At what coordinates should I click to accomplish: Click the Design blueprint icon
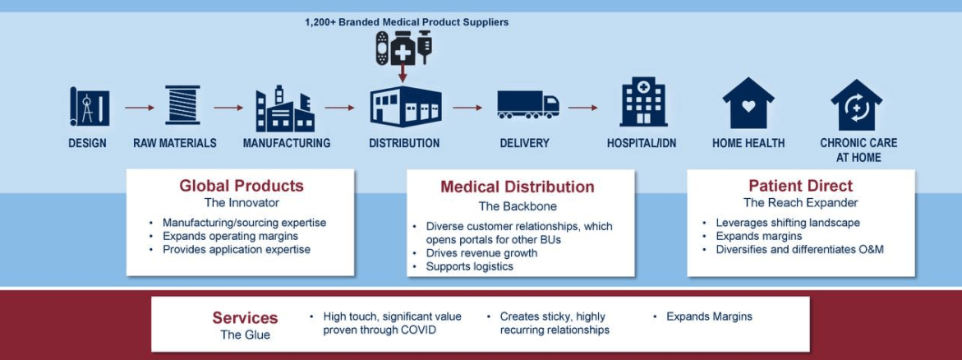[90, 108]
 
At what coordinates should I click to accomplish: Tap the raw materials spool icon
[183, 105]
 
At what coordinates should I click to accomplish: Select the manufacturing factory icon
[285, 108]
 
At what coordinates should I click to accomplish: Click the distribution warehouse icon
[406, 106]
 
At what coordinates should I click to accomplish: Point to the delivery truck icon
[528, 104]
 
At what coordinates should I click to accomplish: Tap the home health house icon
[748, 104]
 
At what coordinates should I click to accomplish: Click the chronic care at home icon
[857, 104]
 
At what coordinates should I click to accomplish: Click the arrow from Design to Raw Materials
[140, 108]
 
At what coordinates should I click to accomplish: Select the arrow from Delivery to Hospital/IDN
[582, 108]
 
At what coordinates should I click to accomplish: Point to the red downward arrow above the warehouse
[403, 73]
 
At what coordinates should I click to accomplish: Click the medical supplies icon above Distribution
[403, 48]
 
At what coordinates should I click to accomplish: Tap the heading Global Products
[241, 186]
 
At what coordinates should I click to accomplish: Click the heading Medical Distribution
[518, 187]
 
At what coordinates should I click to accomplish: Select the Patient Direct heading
[801, 186]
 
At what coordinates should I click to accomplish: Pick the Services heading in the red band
[245, 318]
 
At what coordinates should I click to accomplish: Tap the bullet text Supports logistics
[470, 266]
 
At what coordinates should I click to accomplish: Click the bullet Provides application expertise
[237, 249]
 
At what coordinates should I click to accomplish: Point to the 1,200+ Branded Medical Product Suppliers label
[407, 22]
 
